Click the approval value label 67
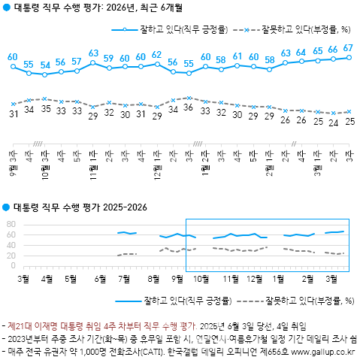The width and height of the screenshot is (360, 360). click(348, 48)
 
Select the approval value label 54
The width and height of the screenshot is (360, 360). click(45, 65)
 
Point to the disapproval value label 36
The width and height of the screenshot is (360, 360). click(189, 108)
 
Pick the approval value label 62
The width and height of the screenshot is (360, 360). click(156, 55)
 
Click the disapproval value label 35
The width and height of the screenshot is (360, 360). click(45, 109)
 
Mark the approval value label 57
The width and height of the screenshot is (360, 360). click(77, 61)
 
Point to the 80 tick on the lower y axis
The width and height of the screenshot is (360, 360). click(11, 224)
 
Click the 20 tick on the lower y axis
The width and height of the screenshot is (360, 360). click(11, 256)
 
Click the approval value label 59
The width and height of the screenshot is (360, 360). click(109, 58)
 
